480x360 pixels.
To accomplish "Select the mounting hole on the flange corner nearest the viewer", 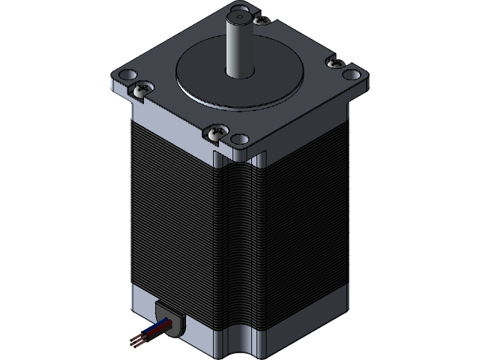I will tap(239, 139).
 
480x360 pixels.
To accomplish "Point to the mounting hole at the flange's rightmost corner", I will tap(349, 75).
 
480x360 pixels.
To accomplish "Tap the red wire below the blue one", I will tap(154, 335).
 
